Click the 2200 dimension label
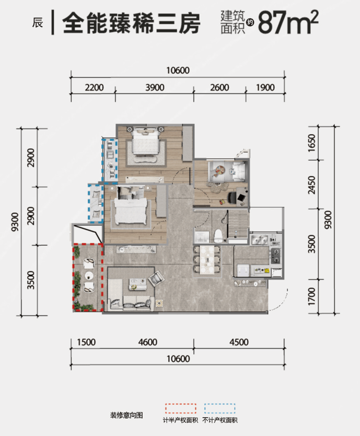pyautogui.click(x=94, y=87)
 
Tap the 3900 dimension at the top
pyautogui.click(x=155, y=87)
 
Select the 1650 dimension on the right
pyautogui.click(x=312, y=143)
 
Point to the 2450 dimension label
pyautogui.click(x=312, y=185)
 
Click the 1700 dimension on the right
pyautogui.click(x=312, y=296)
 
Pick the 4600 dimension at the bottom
pyautogui.click(x=148, y=342)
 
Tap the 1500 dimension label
pyautogui.click(x=86, y=342)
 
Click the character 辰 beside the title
pyautogui.click(x=38, y=23)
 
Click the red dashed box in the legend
pyautogui.click(x=180, y=409)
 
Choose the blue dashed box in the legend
pyautogui.click(x=219, y=409)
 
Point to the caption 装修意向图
pyautogui.click(x=126, y=416)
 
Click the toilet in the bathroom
pyautogui.click(x=218, y=235)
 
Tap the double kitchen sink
pyautogui.click(x=259, y=239)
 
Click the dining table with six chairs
pyautogui.click(x=207, y=259)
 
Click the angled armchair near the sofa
pyautogui.click(x=156, y=279)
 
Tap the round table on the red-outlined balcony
pyautogui.click(x=89, y=275)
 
